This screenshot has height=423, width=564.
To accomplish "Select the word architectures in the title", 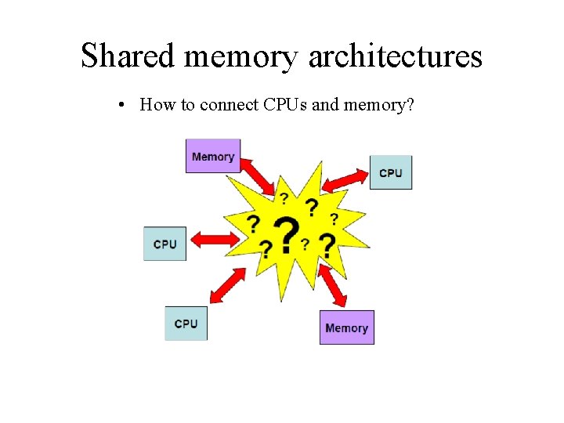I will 396,56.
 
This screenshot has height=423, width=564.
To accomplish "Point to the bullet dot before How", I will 125,105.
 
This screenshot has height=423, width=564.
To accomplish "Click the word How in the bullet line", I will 157,104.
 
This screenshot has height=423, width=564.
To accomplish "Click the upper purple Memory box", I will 213,156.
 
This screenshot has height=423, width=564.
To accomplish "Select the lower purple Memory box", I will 346,327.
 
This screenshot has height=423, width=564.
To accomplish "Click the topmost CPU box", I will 390,172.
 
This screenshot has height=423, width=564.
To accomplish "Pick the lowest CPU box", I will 186,323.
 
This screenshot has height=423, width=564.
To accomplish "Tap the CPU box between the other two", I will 164,244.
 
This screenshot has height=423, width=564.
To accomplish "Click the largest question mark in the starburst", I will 287,234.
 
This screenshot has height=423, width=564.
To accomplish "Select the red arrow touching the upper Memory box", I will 258,177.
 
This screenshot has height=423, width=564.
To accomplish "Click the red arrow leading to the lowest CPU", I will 228,285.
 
